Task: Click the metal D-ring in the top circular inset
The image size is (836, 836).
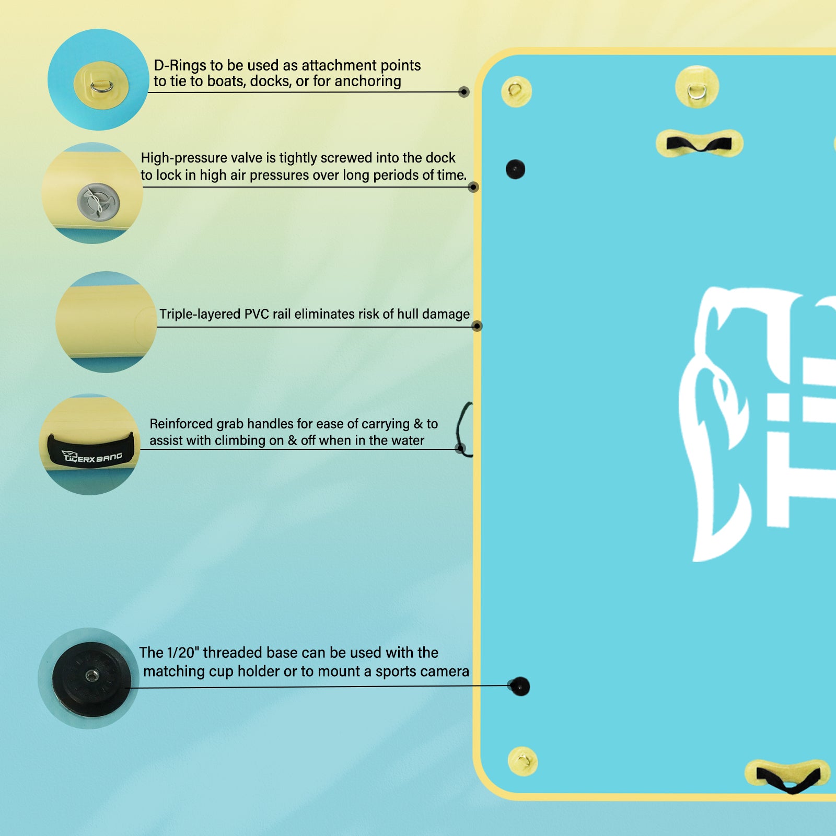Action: [x=101, y=86]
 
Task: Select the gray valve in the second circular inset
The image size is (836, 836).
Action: [x=98, y=202]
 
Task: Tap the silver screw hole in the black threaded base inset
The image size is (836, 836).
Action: [x=92, y=677]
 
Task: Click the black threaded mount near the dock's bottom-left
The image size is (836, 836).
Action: [x=520, y=687]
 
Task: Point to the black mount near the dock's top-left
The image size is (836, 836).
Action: [x=515, y=169]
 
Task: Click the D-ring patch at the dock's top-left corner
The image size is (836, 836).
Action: [x=516, y=91]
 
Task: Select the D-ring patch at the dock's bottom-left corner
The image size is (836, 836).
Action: [x=522, y=761]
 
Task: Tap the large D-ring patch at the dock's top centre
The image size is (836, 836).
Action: [x=697, y=87]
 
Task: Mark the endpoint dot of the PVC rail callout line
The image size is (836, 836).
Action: [x=477, y=326]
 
